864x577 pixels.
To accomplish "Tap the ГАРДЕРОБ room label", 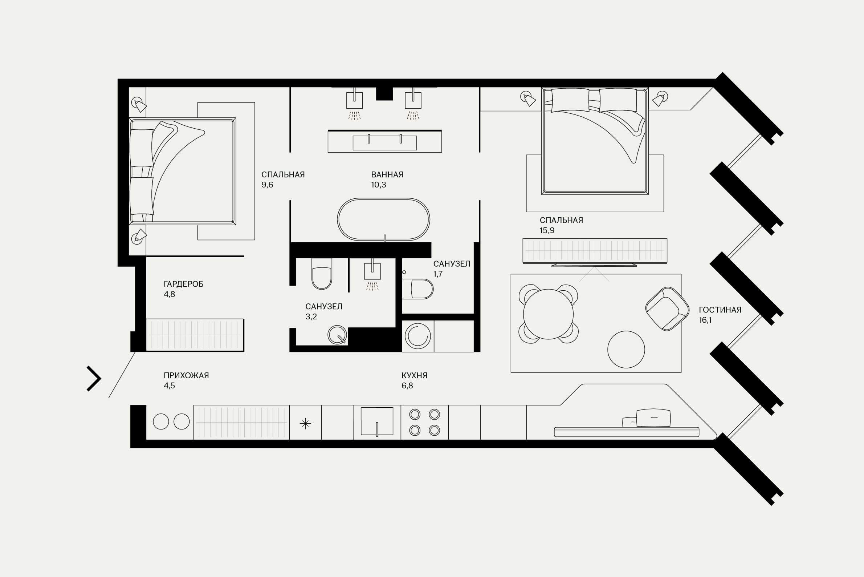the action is coord(183,284).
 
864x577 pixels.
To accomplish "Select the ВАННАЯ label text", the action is coord(387,175).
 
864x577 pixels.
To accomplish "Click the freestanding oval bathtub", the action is coord(383,220).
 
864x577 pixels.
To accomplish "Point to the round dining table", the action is coord(548,314).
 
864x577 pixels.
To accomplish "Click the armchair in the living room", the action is coord(667,309).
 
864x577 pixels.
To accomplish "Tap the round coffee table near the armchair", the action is coord(626,349).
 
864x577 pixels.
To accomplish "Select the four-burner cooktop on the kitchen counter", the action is coord(425,422).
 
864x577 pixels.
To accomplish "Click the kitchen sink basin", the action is coord(377,421).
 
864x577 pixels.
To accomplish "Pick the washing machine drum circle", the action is coord(418,336).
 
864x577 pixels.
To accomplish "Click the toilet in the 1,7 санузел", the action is coord(418,289).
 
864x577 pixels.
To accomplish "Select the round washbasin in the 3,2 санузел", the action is coord(337,335).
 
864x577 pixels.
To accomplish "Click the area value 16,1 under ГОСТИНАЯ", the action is coord(705,320).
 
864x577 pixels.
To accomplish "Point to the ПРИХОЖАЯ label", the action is coord(186,376).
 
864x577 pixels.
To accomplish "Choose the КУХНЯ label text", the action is coord(414,376).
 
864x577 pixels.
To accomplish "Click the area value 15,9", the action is coord(547,230).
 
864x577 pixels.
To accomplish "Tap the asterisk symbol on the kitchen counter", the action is coord(305,424).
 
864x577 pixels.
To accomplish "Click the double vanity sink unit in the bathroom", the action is coord(384,141).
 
